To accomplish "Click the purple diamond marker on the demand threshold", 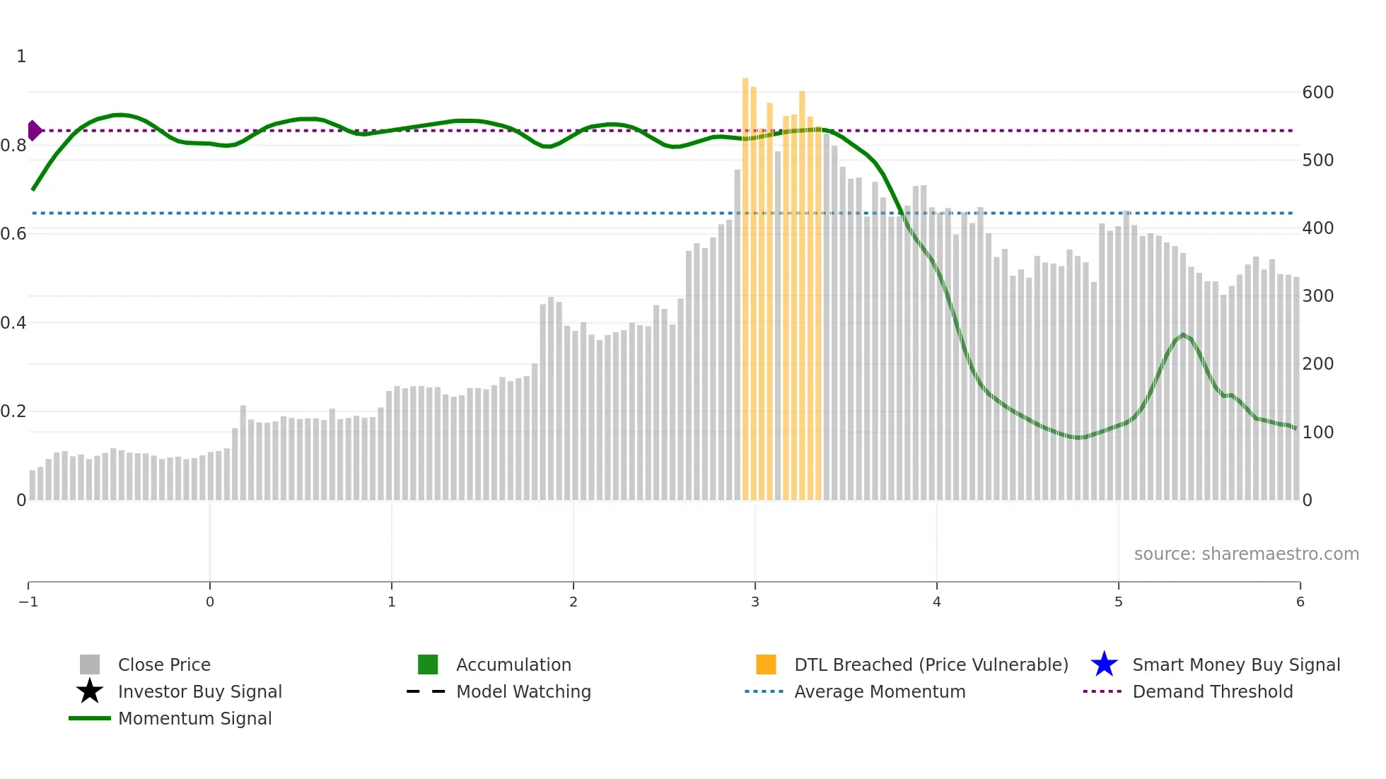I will click(x=34, y=131).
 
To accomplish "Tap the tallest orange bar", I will click(x=745, y=283).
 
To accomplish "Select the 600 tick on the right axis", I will click(x=1317, y=93).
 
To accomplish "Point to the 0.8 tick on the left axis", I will click(x=13, y=146).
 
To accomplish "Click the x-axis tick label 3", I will click(x=755, y=602).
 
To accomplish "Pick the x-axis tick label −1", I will click(x=28, y=602).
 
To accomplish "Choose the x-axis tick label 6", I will click(x=1300, y=602).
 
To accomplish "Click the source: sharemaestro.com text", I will click(x=1246, y=554).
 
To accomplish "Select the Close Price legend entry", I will click(x=164, y=665).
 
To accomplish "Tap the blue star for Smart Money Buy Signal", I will click(x=1104, y=664).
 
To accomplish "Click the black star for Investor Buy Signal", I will click(x=90, y=691).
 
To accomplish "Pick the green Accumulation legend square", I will click(x=428, y=664).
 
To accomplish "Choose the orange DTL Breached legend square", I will click(x=766, y=664).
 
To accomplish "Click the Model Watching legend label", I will click(x=523, y=692).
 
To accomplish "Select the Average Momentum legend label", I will click(x=880, y=692).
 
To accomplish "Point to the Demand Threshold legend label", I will click(x=1212, y=692).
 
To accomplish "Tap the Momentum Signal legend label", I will click(x=194, y=719).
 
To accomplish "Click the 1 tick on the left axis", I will click(x=21, y=57).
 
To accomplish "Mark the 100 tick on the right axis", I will click(x=1317, y=433).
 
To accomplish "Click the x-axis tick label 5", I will click(x=1119, y=602).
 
